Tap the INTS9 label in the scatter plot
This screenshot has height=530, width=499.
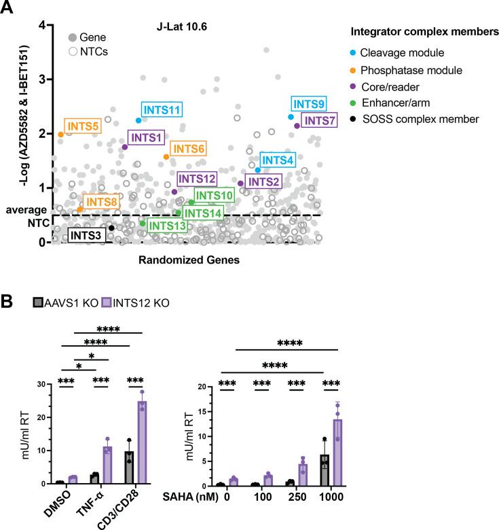point(308,104)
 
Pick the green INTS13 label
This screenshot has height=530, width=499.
point(166,225)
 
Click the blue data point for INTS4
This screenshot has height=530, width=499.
point(258,170)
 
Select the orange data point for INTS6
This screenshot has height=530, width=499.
point(166,157)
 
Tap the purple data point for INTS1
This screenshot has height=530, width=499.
point(124,147)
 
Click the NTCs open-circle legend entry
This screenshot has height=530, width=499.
point(89,51)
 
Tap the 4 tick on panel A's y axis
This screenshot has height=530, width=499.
point(42,25)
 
